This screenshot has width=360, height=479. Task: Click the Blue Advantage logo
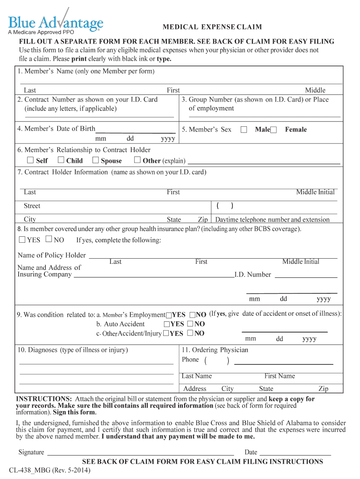[x=55, y=22]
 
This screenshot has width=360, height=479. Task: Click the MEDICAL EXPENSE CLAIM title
[x=212, y=27]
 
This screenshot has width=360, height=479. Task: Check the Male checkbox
[x=244, y=130]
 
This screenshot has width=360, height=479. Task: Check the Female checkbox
[x=274, y=130]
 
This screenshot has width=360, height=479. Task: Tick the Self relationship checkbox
[x=30, y=160]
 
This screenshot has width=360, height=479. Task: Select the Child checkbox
[x=61, y=160]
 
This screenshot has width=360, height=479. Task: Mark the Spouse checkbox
[x=95, y=160]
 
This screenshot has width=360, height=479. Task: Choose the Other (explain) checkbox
[x=137, y=160]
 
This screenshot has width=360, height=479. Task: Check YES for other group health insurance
[x=22, y=240]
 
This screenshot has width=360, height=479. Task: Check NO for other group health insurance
[x=49, y=240]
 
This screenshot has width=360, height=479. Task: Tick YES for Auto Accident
[x=166, y=324]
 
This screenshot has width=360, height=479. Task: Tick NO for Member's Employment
[x=192, y=315]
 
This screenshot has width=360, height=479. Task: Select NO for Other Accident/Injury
[x=190, y=334]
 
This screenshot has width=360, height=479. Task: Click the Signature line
[x=140, y=454]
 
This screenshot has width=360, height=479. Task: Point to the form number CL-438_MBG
[x=50, y=470]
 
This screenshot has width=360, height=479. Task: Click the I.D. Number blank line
[x=306, y=277]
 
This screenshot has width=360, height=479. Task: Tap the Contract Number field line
[x=99, y=116]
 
